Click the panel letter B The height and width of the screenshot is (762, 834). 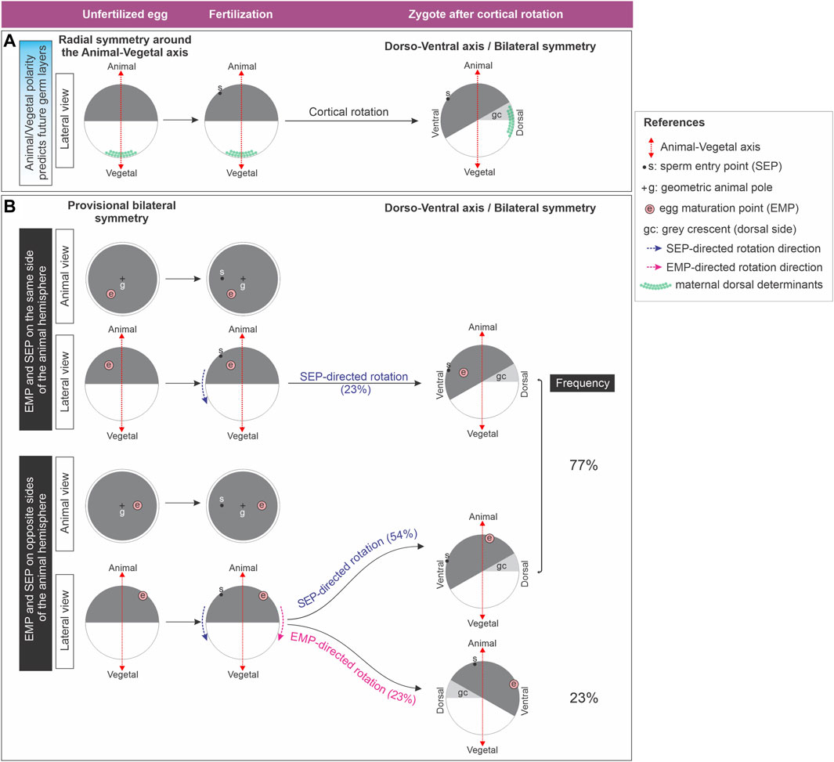tap(10, 206)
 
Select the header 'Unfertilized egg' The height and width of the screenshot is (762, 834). tap(120, 13)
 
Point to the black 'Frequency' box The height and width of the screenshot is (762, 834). tap(583, 383)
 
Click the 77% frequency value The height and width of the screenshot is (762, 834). tap(583, 465)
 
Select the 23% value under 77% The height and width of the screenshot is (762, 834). tap(583, 698)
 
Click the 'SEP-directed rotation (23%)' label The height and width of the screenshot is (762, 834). tap(354, 382)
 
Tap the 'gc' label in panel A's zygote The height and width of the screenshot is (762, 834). tap(496, 115)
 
